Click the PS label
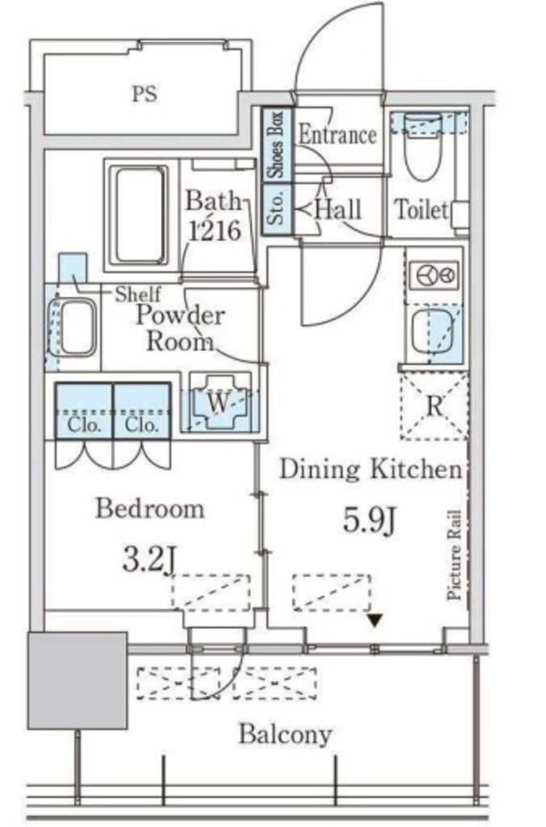pos(144,94)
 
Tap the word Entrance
pos(338,135)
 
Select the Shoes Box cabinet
pos(277,145)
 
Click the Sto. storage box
pos(277,209)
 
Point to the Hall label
pos(338,210)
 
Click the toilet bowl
pos(422,148)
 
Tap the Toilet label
pos(422,210)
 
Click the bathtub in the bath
pos(139,215)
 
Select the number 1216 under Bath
pos(215,230)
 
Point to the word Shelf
pos(138,294)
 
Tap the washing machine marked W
pos(219,403)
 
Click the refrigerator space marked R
pos(435,406)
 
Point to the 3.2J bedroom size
pos(149,560)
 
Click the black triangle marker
pos(375,621)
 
